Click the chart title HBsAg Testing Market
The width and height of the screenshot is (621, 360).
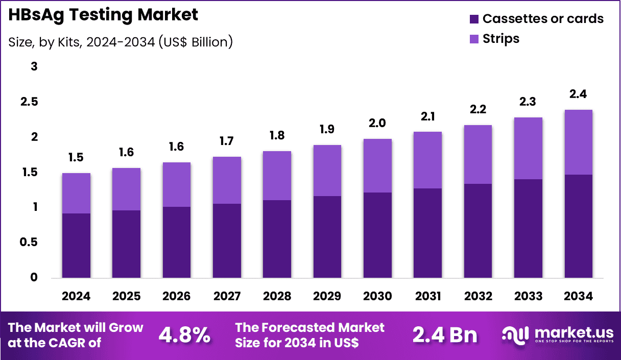tap(103, 15)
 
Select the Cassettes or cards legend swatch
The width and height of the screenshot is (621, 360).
tap(473, 19)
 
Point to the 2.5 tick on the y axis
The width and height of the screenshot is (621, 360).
tap(29, 102)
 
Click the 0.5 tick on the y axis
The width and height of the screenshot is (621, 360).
tap(29, 243)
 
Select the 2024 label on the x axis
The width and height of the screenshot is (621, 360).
tap(76, 297)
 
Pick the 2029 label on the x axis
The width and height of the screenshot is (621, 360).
tap(327, 297)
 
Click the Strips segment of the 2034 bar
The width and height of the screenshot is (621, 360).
tap(579, 142)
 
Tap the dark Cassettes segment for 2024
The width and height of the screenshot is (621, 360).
tap(76, 246)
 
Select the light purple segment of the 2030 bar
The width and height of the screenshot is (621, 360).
tap(377, 165)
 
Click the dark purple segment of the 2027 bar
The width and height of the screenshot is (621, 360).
tap(227, 241)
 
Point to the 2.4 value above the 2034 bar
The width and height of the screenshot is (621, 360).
tap(579, 94)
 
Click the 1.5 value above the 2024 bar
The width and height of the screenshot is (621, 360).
tap(76, 158)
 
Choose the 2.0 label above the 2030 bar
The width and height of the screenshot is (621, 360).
tap(377, 123)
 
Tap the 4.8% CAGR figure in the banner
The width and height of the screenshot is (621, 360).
tap(184, 335)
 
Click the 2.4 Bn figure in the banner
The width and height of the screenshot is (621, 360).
tap(444, 335)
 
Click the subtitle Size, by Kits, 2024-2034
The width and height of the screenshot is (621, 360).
tap(121, 42)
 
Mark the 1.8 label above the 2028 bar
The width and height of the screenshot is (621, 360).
tap(277, 136)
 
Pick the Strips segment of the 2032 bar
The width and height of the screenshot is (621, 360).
tap(478, 154)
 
